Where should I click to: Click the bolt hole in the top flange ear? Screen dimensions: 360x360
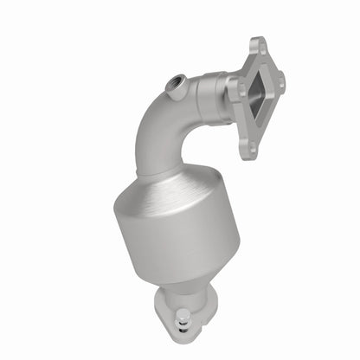tap(256, 43)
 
